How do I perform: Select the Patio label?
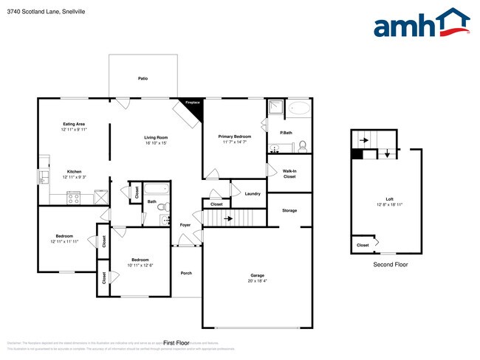click(x=142, y=77)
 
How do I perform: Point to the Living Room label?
click(x=156, y=137)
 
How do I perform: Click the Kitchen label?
click(x=74, y=172)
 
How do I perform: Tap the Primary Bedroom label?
click(x=234, y=136)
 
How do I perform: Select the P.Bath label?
click(x=286, y=133)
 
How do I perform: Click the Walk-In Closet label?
click(x=289, y=174)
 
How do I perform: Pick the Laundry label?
click(x=253, y=193)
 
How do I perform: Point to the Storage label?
click(x=289, y=210)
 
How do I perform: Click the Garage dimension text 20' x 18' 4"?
click(x=256, y=281)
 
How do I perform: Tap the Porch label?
click(x=186, y=274)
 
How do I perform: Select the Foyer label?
click(x=185, y=225)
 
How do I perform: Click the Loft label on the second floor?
click(x=389, y=198)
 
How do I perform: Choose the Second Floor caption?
click(x=389, y=264)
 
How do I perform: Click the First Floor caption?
click(x=177, y=343)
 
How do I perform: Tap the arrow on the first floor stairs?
click(x=230, y=218)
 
